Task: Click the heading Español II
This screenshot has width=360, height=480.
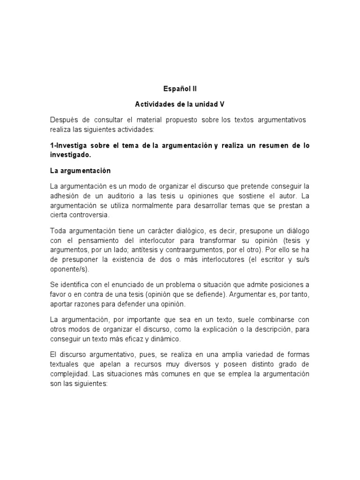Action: [180, 88]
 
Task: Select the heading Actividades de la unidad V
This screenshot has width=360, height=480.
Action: [180, 104]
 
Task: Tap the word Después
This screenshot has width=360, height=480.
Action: [64, 120]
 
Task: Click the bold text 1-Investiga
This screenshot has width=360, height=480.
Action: [69, 146]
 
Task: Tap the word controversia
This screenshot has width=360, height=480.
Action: [91, 215]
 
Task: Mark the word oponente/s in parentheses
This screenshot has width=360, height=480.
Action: [68, 270]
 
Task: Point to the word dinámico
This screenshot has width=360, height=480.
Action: [169, 338]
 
